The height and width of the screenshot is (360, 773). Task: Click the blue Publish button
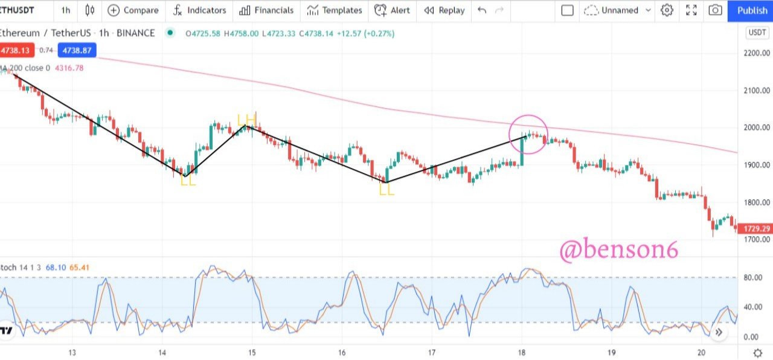[752, 10]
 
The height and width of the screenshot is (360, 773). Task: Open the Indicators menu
[199, 10]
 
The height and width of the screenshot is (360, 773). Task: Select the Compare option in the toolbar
[133, 10]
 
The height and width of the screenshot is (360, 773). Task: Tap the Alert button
[392, 10]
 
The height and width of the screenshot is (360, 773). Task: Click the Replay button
[444, 10]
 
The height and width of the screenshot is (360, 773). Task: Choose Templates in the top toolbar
[335, 10]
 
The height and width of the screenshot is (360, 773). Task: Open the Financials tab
[266, 10]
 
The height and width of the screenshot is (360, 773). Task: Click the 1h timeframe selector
[65, 10]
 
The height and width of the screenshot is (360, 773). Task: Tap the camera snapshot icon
[716, 10]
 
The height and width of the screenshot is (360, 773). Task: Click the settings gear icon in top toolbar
[667, 10]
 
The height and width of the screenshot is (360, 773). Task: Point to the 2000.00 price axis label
[757, 127]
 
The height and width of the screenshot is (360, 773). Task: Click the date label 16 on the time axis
[342, 352]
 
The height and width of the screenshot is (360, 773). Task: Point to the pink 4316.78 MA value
[69, 68]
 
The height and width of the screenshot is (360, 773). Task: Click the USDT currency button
[757, 33]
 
